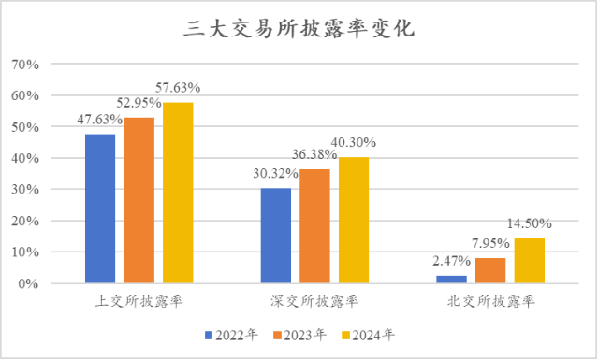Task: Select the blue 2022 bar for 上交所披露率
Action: tap(100, 209)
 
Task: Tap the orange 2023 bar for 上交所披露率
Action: tap(139, 200)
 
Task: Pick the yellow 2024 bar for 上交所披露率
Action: tap(177, 193)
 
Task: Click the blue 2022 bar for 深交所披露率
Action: tap(275, 236)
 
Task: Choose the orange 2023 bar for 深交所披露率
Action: tap(314, 226)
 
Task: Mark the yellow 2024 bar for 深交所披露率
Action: tap(354, 220)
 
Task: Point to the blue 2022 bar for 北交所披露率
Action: tap(451, 279)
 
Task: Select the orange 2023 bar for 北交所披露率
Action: tap(490, 270)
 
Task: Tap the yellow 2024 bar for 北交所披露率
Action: tap(529, 260)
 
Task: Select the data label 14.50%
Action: tap(529, 224)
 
